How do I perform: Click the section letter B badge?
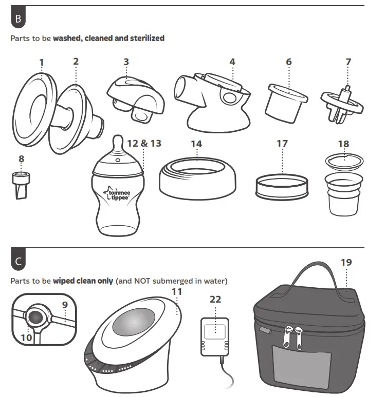pos(19,19)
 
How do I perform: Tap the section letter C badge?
pos(19,261)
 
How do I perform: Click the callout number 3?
pos(126,62)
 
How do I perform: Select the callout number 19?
pos(346,263)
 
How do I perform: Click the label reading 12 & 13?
pos(144,143)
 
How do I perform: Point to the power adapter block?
pos(214,336)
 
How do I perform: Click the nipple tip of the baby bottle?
pos(118,141)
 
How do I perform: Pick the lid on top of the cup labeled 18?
pos(344,161)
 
